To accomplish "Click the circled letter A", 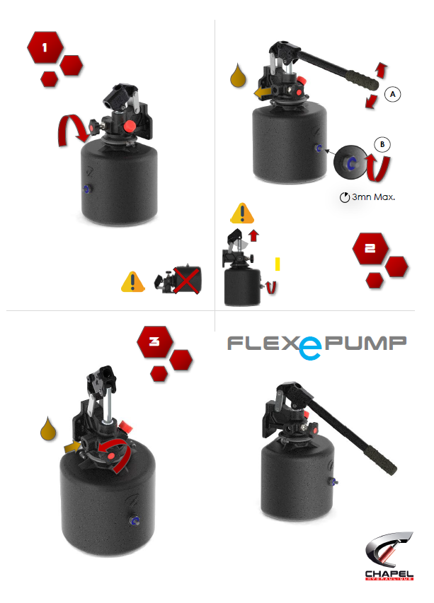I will (x=392, y=93).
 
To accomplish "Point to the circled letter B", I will (x=382, y=144).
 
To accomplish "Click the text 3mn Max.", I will (x=373, y=197).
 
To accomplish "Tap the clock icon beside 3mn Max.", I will (x=345, y=197).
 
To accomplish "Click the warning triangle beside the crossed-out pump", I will (x=132, y=281).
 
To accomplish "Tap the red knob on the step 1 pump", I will (x=130, y=127).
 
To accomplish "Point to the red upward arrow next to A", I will (x=381, y=69).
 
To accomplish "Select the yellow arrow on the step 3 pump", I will (x=71, y=447).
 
